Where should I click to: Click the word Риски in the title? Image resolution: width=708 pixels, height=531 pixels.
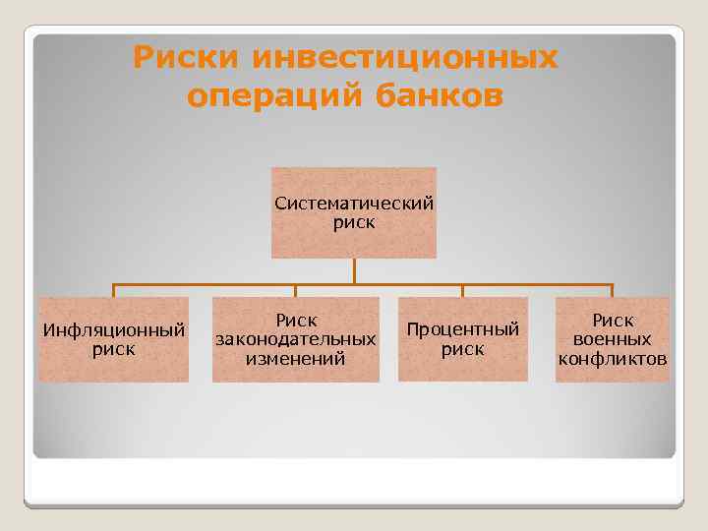(186, 58)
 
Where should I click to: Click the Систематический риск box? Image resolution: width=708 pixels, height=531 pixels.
(354, 212)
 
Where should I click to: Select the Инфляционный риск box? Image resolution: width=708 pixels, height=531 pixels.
(113, 339)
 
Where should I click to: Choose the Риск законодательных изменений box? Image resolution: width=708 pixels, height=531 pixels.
(296, 339)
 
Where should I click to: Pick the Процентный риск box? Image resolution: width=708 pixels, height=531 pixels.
(462, 339)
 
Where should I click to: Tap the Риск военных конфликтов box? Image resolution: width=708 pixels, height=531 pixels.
(612, 339)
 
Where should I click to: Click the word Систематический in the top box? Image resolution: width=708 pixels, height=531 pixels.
(354, 204)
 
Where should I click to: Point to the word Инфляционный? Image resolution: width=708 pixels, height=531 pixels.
(113, 329)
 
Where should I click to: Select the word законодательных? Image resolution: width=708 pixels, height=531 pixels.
(296, 339)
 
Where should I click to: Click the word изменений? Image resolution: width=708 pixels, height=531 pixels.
(296, 359)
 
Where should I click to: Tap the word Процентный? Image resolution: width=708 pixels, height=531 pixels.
(462, 329)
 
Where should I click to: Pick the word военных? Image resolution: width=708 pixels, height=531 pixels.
(612, 339)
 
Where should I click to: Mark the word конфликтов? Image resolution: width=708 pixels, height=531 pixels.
(612, 359)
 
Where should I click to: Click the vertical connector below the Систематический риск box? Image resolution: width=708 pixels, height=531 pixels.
(354, 271)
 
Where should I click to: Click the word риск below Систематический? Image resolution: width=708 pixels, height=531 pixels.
(354, 223)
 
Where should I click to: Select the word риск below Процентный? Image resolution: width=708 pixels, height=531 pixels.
(462, 349)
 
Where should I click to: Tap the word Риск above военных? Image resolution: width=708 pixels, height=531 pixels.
(612, 321)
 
